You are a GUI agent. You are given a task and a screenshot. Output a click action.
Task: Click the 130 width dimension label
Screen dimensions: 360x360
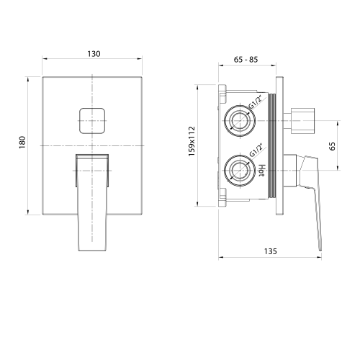coord(94,54)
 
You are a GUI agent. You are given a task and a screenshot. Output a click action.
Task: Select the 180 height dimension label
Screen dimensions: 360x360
coord(22,143)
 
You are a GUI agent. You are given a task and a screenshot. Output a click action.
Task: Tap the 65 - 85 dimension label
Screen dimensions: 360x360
coord(246,60)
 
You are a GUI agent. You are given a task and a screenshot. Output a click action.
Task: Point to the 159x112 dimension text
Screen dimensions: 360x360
coord(192,141)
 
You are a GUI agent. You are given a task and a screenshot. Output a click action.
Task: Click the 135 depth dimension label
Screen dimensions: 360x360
coord(271,251)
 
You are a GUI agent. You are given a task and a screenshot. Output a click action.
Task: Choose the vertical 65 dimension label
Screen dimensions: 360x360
coord(333,146)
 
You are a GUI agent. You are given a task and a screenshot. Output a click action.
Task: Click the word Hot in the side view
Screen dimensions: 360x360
coord(262,171)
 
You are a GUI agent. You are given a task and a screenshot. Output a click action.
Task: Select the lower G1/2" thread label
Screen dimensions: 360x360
coord(256,150)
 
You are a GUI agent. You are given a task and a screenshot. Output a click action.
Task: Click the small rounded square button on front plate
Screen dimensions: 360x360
coord(92,121)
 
